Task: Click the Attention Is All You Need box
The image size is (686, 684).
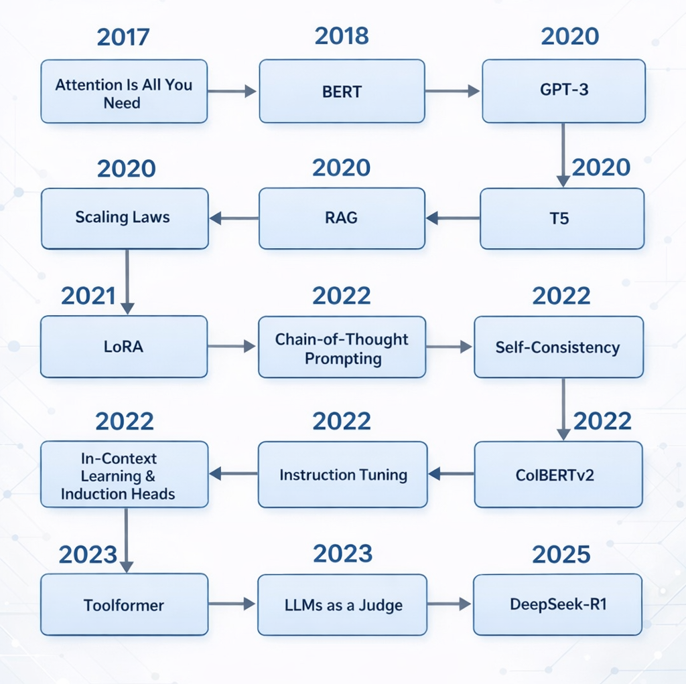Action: point(124,91)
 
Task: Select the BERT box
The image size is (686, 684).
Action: point(342,91)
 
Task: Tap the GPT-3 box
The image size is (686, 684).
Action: point(564,91)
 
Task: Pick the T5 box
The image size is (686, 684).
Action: point(562,219)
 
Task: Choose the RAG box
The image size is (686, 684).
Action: point(342,219)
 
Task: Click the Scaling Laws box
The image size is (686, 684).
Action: point(125,219)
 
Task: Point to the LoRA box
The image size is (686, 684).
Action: point(124,347)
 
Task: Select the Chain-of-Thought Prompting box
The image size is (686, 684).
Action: point(342,347)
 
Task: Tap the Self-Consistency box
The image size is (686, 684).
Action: point(559,347)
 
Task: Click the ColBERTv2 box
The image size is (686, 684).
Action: point(559,475)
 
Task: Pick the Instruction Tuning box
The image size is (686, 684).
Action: point(342,475)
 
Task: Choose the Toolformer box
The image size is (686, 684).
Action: point(124,604)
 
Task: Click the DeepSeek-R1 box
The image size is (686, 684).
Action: point(558,604)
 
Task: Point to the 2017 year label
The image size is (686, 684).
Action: point(123,37)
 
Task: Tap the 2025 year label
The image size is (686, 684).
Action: point(561,554)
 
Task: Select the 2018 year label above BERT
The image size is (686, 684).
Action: point(342,36)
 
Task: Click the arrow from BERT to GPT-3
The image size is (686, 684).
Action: point(452,91)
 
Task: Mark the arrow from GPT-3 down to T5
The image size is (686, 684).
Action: point(563,155)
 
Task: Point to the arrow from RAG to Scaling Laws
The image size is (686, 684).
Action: point(234,218)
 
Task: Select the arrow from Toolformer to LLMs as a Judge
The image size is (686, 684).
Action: point(232,604)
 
